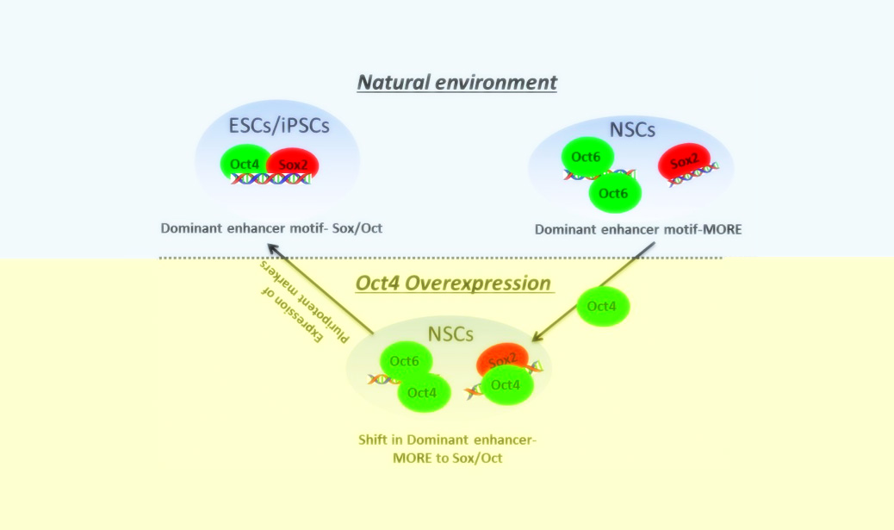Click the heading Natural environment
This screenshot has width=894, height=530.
[x=457, y=83]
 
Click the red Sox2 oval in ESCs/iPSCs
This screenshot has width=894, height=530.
[x=294, y=164]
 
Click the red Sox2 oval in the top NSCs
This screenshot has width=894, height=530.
[x=684, y=160]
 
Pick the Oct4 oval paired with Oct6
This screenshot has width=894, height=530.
[x=423, y=393]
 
